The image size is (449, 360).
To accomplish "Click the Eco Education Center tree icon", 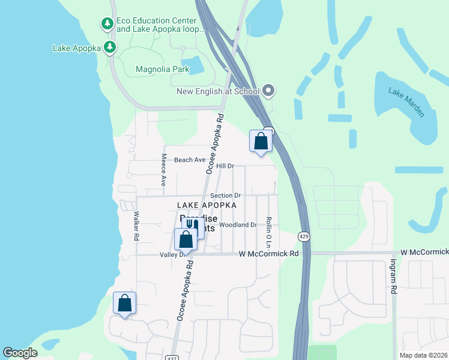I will click(x=107, y=24).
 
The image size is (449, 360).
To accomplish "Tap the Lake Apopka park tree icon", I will click(x=109, y=47).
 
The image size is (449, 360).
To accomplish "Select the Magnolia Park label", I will click(x=162, y=69).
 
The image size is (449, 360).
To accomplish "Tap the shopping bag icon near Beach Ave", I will click(x=261, y=142).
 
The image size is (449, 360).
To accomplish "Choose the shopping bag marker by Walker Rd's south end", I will click(x=124, y=303).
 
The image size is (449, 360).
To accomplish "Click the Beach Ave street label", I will click(x=190, y=160).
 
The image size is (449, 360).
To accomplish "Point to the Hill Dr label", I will click(x=224, y=166).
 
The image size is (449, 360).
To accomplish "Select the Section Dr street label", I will click(x=225, y=196).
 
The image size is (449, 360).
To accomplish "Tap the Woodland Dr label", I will click(x=238, y=225).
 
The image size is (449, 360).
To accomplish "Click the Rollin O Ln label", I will click(x=270, y=233).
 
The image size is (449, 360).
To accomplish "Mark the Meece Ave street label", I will click(x=163, y=170).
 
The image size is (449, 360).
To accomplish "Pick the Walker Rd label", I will click(x=137, y=226).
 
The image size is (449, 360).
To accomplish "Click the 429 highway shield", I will click(x=304, y=236).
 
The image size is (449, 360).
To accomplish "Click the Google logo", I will click(x=20, y=353).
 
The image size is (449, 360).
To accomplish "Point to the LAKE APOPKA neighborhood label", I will click(x=206, y=205).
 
